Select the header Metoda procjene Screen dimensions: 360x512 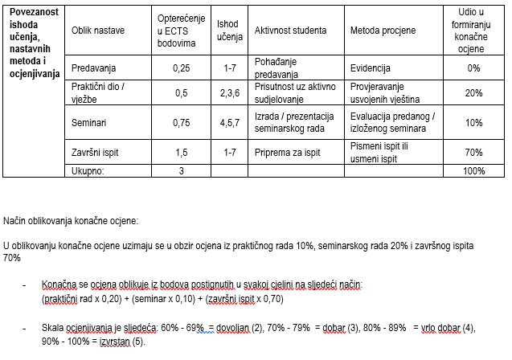click(383, 30)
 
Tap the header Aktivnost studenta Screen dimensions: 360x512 click(290, 30)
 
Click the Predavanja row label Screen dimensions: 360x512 click(95, 68)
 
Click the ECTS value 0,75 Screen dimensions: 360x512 click(182, 122)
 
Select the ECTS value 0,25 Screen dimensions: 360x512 click(182, 68)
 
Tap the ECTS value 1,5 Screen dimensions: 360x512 click(182, 153)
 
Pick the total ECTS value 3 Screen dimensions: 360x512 click(182, 170)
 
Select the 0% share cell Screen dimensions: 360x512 click(473, 68)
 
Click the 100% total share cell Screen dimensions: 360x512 click(474, 170)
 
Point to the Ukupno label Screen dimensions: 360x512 click(88, 170)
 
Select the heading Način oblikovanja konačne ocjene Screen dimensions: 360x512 click(71, 220)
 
